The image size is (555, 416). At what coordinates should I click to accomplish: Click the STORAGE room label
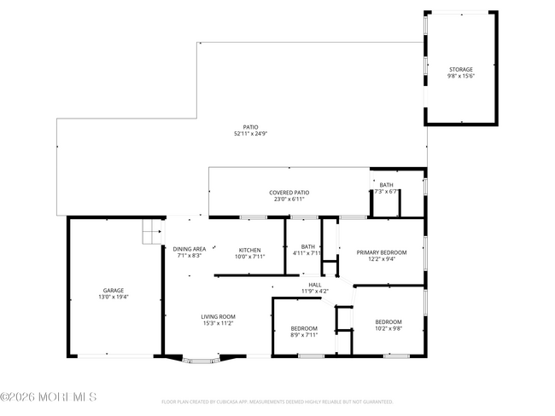click(460, 69)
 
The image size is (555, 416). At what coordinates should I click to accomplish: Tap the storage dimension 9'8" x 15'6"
click(460, 76)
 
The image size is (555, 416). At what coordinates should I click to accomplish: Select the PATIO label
click(250, 127)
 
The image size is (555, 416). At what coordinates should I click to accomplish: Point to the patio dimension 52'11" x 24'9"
click(250, 134)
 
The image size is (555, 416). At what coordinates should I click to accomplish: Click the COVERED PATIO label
click(289, 193)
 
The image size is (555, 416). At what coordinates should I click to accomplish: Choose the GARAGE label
click(114, 291)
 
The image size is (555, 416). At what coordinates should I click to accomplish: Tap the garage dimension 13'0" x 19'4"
click(114, 298)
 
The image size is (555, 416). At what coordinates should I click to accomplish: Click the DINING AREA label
click(190, 249)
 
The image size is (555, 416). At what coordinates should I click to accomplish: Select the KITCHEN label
click(249, 250)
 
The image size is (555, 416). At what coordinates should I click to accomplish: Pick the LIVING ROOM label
click(218, 316)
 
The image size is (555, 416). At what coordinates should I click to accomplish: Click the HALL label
click(314, 284)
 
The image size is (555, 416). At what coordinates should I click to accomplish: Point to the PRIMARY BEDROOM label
click(381, 252)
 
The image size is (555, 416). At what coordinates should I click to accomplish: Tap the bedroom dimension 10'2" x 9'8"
click(388, 328)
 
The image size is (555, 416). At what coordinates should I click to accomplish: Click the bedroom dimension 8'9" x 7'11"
click(303, 335)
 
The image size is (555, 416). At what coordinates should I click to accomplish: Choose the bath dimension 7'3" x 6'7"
click(386, 191)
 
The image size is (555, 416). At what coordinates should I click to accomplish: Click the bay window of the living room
click(202, 360)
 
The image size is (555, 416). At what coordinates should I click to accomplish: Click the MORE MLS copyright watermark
click(49, 397)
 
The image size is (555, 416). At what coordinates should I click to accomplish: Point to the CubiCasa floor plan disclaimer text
click(277, 401)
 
